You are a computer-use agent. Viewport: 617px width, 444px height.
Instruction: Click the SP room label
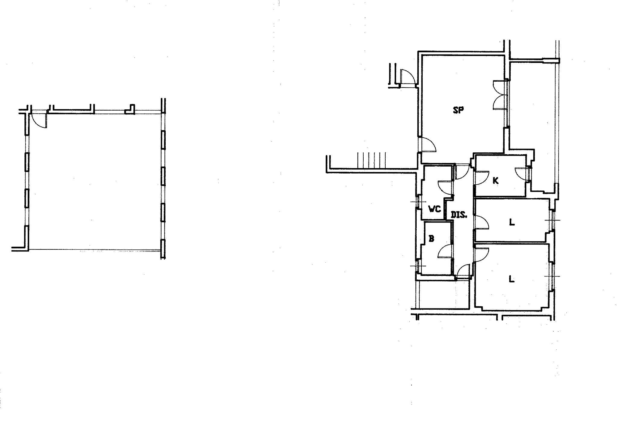[x=458, y=110]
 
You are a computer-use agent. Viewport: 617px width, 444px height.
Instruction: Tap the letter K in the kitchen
[x=496, y=181]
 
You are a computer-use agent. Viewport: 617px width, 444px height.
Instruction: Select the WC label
[x=435, y=209]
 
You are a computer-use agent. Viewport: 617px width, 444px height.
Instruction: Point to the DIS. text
[x=459, y=215]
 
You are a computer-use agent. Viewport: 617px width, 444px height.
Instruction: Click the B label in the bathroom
[x=431, y=239]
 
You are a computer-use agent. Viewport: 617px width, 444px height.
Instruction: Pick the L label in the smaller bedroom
[x=512, y=222]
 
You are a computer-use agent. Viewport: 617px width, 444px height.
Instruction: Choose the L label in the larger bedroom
[x=512, y=279]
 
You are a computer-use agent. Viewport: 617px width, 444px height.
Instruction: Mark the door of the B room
[x=445, y=251]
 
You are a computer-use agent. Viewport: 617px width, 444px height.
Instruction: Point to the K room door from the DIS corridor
[x=481, y=178]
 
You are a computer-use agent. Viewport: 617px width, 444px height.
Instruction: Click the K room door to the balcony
[x=522, y=174]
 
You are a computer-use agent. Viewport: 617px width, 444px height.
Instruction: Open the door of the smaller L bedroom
[x=481, y=223]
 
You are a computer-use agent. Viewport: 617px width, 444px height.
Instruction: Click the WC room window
[x=418, y=202]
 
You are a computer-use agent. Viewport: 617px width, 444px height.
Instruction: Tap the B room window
[x=418, y=266]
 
